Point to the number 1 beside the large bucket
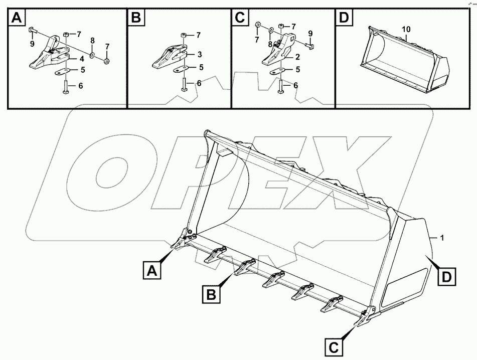coord(441,238)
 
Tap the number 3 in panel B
coord(199,54)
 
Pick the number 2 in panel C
coord(297,57)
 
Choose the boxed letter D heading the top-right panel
coord(344,19)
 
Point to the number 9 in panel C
coord(310,34)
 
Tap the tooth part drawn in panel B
coord(171,58)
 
